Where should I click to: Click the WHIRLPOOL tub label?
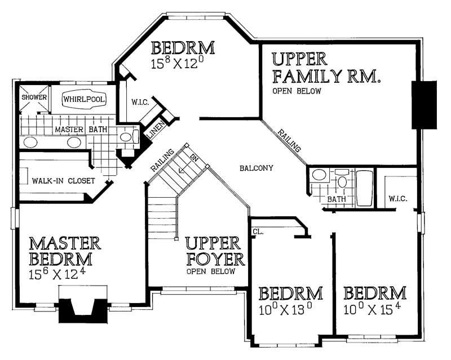point(83,99)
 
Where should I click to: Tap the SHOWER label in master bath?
point(34,97)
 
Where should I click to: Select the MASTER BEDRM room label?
point(64,251)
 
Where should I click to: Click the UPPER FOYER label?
point(215,251)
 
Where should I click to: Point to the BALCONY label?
point(256,168)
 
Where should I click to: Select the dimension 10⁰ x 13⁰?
point(286,309)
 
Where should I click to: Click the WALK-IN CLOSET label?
point(59,181)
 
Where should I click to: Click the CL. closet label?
point(258,230)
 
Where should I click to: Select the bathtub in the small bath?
point(364,188)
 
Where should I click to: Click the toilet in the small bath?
point(342,181)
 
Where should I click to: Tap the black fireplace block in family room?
point(424,105)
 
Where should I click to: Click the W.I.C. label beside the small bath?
point(398,199)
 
